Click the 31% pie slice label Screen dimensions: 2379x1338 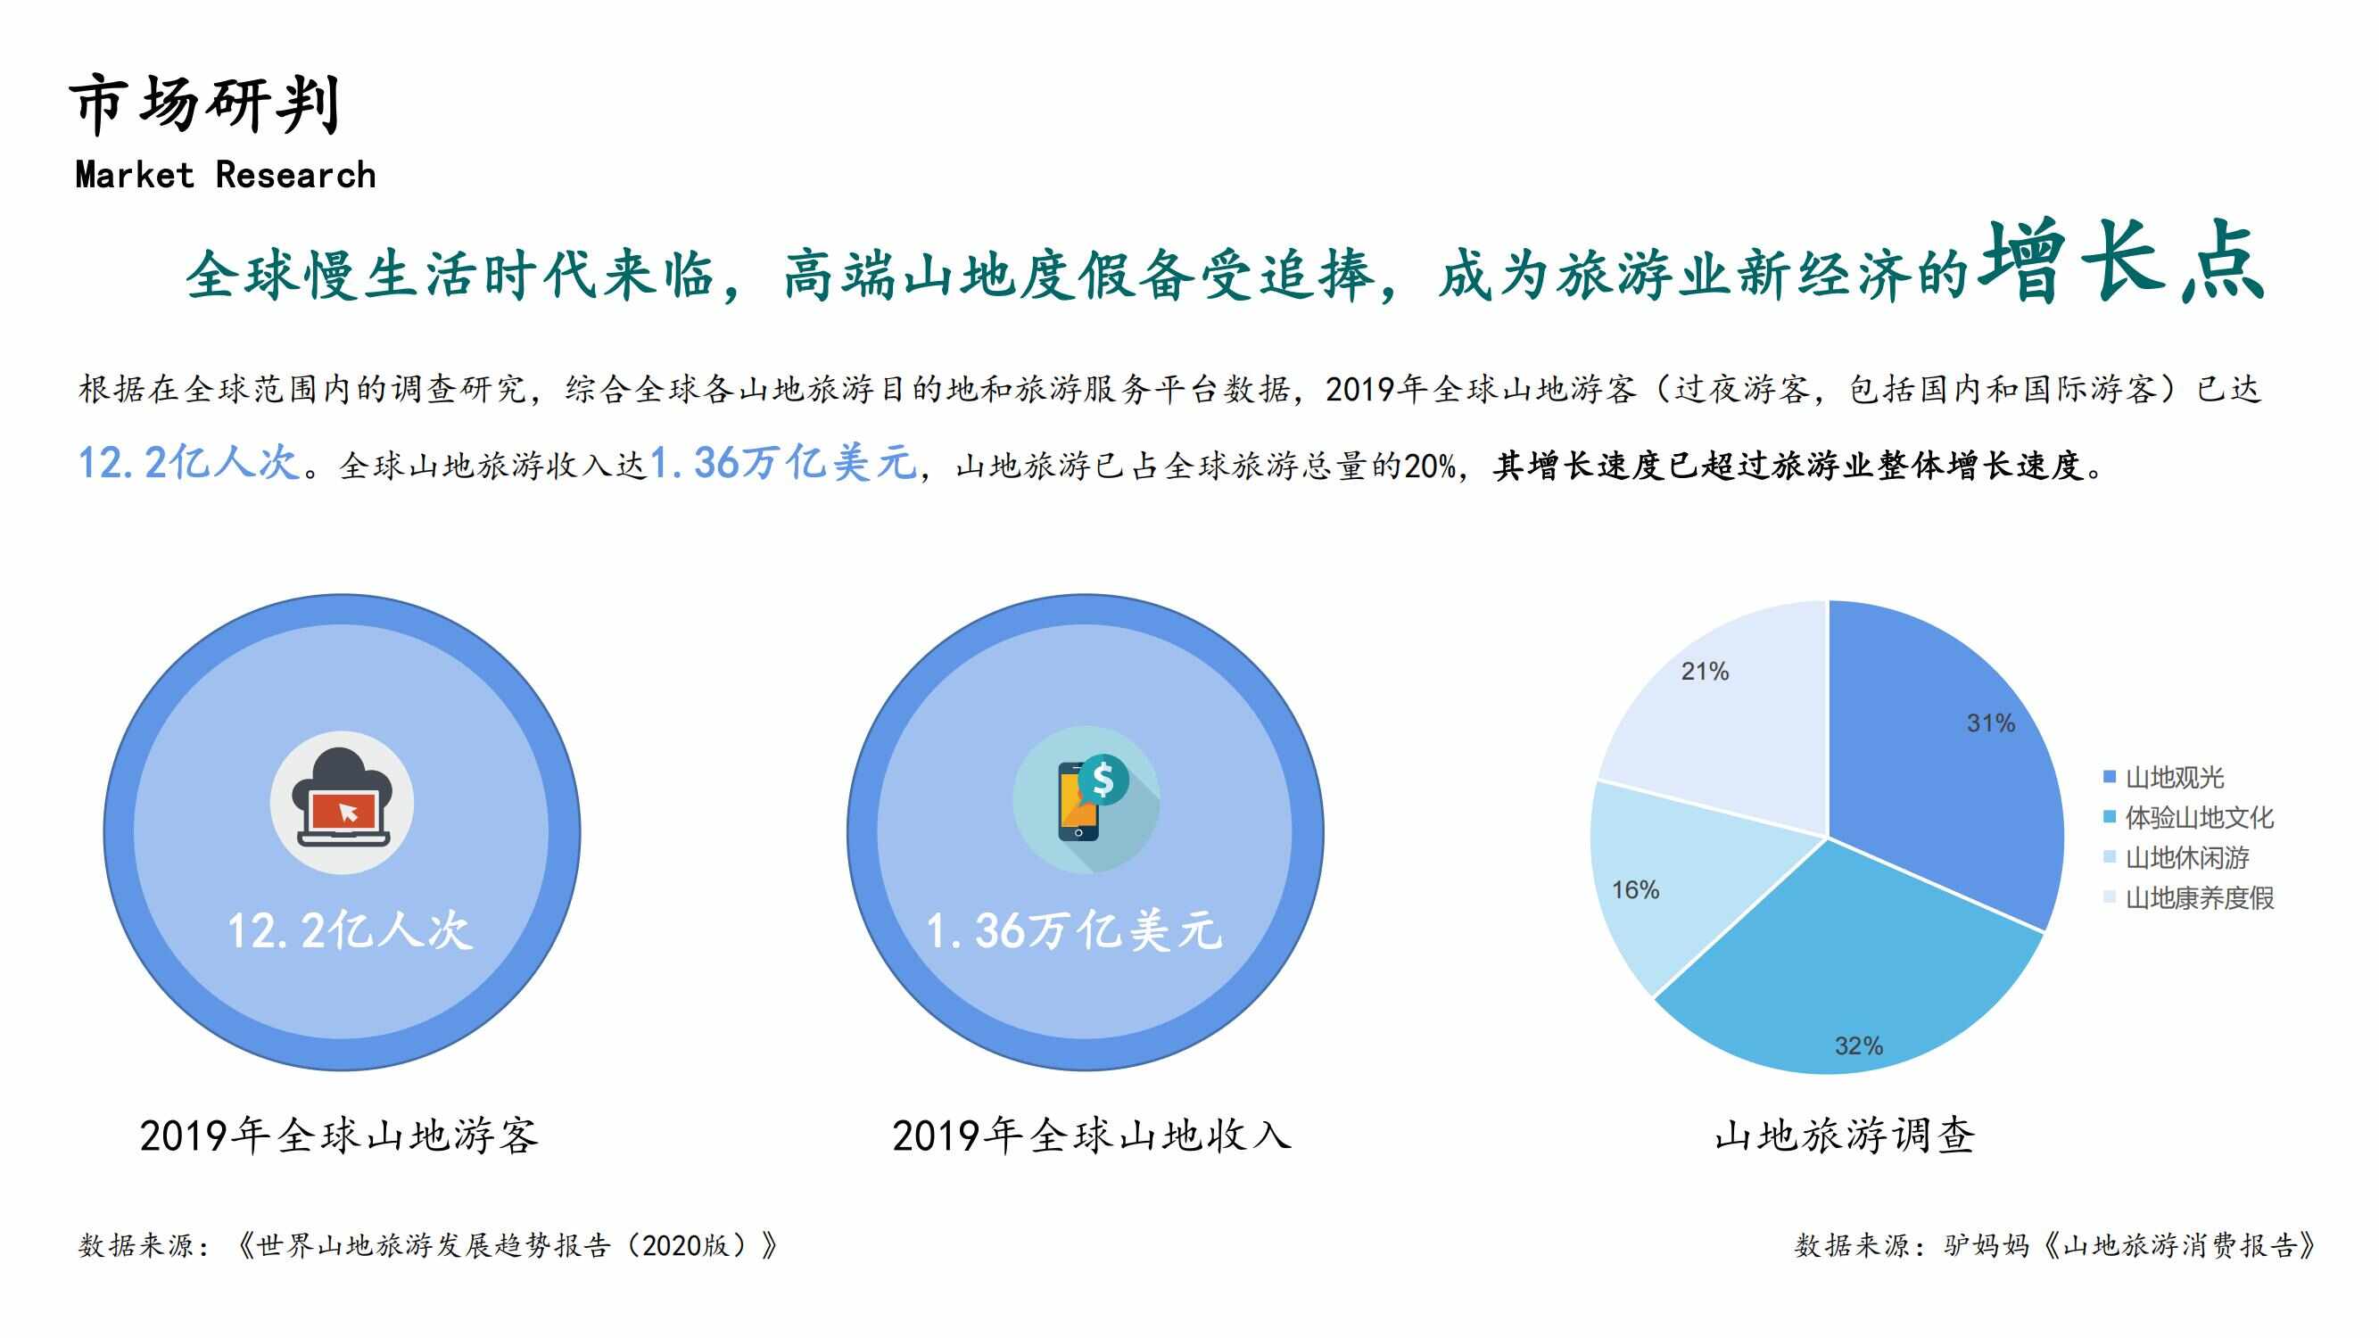point(1990,723)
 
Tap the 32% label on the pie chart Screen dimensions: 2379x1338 point(1858,1046)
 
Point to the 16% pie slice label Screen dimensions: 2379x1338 point(1636,890)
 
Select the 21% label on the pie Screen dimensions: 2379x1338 point(1705,672)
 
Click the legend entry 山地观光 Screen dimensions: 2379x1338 point(2164,778)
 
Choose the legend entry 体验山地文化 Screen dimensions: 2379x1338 point(2189,817)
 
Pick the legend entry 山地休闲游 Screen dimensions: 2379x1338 point(2177,858)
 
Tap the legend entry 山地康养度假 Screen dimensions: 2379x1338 point(2189,897)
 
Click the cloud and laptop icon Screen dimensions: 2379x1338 point(342,803)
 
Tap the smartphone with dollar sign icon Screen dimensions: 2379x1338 point(1086,799)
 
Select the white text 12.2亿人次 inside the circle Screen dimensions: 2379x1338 point(350,930)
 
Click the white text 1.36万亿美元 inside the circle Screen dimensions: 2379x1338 point(1074,930)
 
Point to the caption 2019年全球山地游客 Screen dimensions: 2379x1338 point(339,1135)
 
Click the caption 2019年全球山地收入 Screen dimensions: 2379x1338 point(1092,1135)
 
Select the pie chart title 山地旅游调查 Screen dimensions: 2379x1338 point(1845,1135)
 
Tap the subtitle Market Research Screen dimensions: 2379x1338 point(226,175)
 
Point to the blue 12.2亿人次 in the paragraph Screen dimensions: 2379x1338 point(189,463)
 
